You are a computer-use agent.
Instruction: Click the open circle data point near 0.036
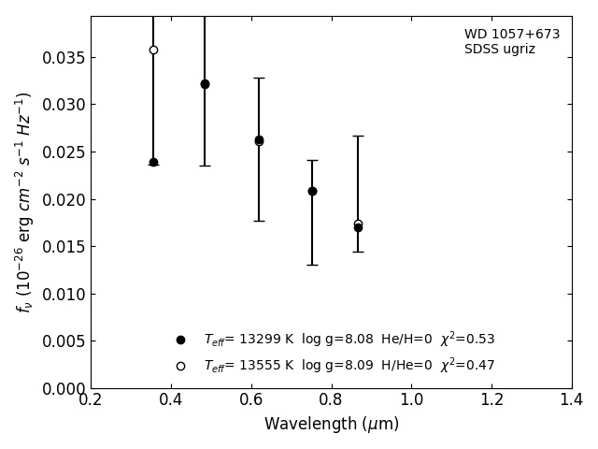(x=153, y=50)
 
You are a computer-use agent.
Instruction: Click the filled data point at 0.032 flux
(x=205, y=84)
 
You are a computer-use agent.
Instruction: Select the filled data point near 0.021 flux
(x=312, y=191)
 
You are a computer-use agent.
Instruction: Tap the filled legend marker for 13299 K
(x=180, y=340)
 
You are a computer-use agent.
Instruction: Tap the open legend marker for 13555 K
(x=180, y=366)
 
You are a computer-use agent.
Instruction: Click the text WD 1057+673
(x=512, y=35)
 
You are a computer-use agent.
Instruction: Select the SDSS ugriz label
(x=500, y=50)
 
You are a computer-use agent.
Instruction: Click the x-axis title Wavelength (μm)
(x=331, y=425)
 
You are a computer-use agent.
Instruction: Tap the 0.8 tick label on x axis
(x=331, y=400)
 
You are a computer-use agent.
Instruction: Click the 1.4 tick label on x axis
(x=572, y=400)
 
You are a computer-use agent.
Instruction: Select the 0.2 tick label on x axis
(x=91, y=400)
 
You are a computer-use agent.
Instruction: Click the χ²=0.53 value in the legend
(x=467, y=339)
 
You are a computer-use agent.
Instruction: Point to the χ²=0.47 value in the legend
(x=467, y=365)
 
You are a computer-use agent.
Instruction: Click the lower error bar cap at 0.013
(x=312, y=265)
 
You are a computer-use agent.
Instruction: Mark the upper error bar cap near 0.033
(x=259, y=78)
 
